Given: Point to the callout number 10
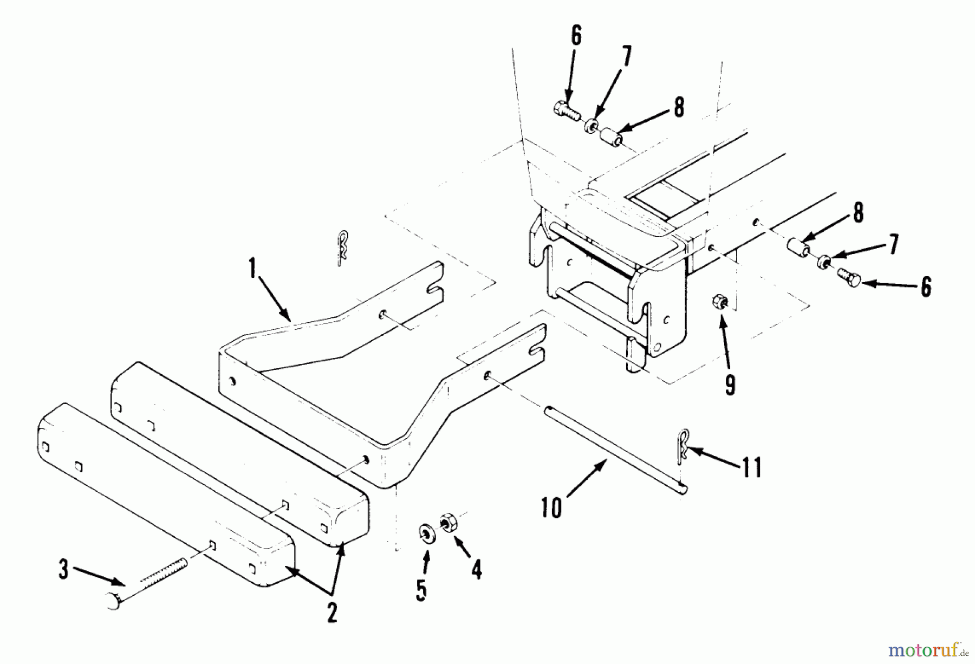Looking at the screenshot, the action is (x=552, y=507).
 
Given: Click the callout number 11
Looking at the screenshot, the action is (x=751, y=468).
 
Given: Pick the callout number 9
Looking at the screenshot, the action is (x=730, y=385).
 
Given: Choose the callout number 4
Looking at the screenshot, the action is (x=477, y=570).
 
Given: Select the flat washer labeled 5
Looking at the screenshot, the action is (x=427, y=532).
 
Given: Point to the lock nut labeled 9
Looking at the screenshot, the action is (x=720, y=301).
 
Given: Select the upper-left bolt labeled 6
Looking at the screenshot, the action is (x=567, y=110).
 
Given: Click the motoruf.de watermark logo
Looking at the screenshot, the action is (x=928, y=648).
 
